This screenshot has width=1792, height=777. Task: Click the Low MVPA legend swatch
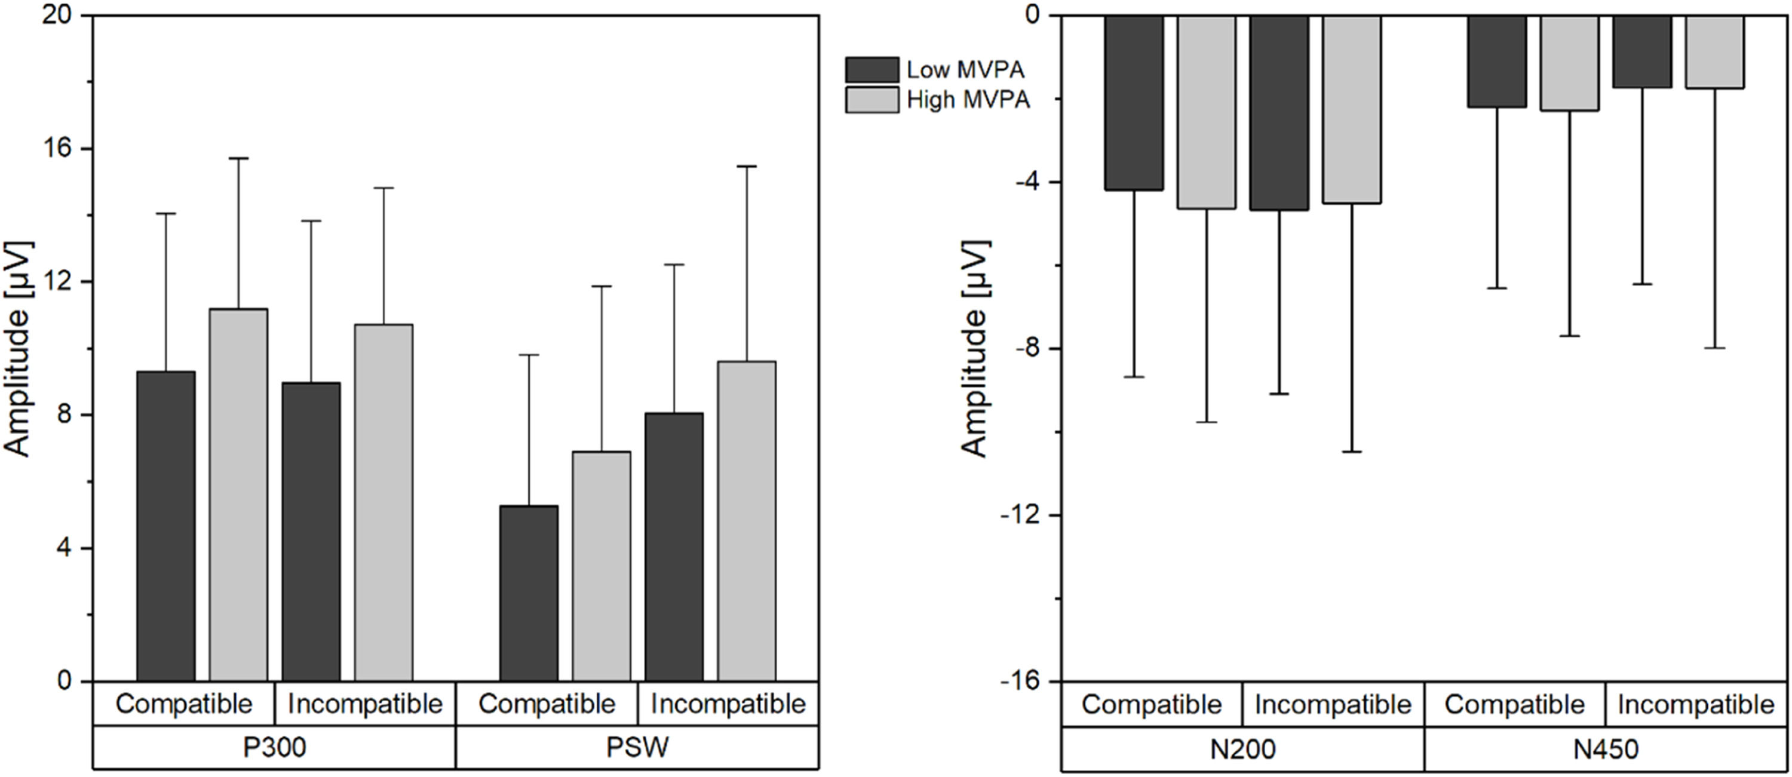[x=872, y=69]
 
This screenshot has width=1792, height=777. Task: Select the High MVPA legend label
[x=968, y=100]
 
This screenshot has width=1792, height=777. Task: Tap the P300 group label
[x=274, y=748]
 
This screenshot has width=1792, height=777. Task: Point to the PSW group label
[x=637, y=748]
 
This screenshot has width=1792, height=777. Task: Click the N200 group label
[x=1242, y=749]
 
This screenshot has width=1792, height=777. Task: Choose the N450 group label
[x=1606, y=749]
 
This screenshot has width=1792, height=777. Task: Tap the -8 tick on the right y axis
[x=1027, y=349]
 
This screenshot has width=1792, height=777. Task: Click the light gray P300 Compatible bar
[x=238, y=494]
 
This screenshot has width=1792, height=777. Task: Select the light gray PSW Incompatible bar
[x=747, y=520]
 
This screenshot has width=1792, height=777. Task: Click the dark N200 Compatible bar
[x=1134, y=103]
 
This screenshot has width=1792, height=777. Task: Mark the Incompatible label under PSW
[x=728, y=704]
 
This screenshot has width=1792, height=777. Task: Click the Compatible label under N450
[x=1514, y=704]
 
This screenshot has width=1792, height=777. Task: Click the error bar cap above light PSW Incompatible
[x=747, y=166]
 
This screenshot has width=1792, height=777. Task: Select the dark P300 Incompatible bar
[x=311, y=531]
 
